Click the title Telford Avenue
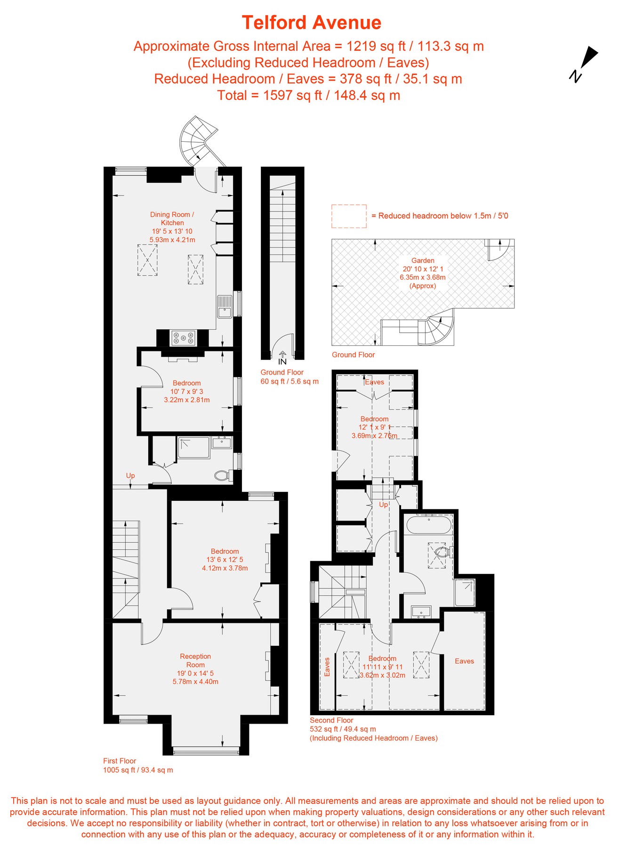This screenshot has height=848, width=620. point(311,22)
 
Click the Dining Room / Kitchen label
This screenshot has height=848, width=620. point(172,219)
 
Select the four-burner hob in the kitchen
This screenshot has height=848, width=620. point(183,337)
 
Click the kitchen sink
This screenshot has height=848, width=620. point(225,307)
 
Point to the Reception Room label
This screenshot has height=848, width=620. point(195,660)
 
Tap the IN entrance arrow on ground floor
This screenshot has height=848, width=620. point(282,358)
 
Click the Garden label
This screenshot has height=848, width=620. point(423,261)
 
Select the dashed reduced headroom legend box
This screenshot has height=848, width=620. point(349,216)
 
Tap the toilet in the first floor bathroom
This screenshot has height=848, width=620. point(223,475)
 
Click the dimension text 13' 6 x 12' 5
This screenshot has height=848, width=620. point(225,560)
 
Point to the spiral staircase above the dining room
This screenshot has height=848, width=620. point(199,141)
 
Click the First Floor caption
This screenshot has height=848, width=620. point(120,761)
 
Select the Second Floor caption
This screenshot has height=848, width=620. point(331,720)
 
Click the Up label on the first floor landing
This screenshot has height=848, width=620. point(130,476)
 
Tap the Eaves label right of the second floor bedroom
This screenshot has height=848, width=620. point(464,661)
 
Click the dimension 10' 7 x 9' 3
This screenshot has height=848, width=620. point(187,391)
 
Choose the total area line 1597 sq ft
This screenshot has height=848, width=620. point(309,95)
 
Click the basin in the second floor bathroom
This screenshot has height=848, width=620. point(421,612)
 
